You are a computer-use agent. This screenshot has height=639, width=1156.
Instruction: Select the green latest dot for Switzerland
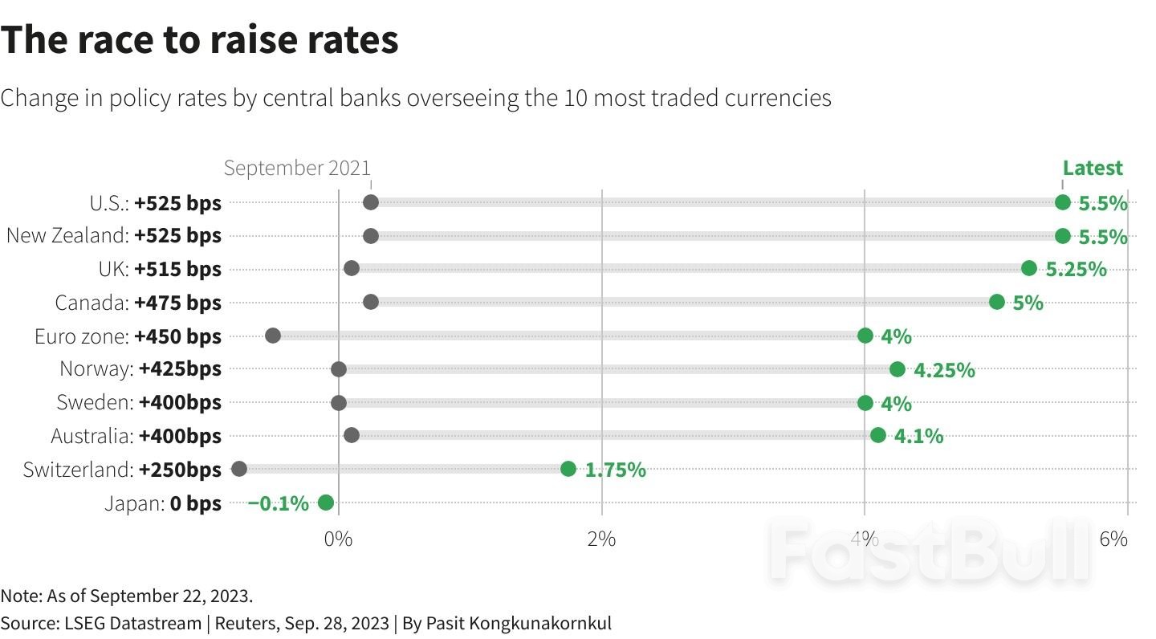[x=568, y=469]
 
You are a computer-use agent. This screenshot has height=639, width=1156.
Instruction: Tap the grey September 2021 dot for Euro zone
[x=273, y=336]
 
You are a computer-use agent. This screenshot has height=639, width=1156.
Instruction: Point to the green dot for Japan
[x=325, y=503]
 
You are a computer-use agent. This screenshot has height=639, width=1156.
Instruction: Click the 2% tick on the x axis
[x=601, y=539]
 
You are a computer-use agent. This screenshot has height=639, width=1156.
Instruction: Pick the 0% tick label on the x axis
[x=338, y=539]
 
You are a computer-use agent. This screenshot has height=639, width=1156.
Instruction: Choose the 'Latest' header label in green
[x=1093, y=168]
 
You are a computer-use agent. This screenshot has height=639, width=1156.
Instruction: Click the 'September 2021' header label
[x=297, y=168]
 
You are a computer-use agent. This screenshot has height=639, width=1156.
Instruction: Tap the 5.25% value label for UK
[x=1077, y=270]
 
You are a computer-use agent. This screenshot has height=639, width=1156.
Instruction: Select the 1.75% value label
[x=615, y=470]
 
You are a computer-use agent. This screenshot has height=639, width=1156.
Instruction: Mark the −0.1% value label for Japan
[x=278, y=503]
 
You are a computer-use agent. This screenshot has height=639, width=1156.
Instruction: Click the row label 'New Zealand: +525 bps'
[x=113, y=236]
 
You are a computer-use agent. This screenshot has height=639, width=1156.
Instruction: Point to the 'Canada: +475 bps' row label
[x=138, y=303]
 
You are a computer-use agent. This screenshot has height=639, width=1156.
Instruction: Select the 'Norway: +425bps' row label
[x=140, y=369]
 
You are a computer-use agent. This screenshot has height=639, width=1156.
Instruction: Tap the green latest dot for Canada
[x=997, y=302]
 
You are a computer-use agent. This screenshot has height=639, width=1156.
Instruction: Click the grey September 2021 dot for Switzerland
[x=238, y=469]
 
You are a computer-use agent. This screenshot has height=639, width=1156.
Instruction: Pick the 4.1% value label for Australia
[x=918, y=437]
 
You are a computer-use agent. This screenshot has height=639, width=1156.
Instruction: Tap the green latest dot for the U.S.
[x=1063, y=202]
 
